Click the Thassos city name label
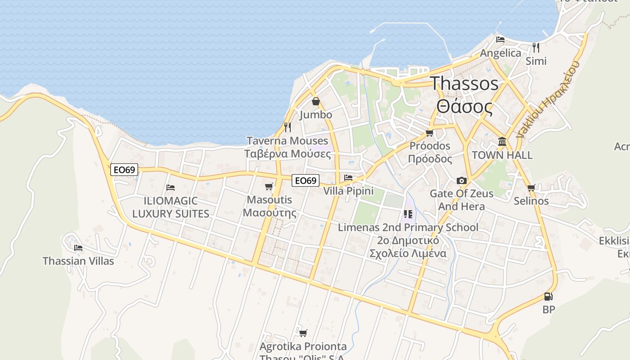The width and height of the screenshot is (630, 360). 464,84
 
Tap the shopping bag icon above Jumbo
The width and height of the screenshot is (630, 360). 316,101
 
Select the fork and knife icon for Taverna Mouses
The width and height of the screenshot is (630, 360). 288,127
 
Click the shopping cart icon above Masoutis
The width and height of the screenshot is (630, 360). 269,186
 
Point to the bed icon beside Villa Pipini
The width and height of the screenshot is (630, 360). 348,178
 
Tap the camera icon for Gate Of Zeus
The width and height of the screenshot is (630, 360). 461,180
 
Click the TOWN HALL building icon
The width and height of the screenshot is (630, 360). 502,142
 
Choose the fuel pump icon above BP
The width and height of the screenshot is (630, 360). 548,296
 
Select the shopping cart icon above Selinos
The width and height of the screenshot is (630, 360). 531,188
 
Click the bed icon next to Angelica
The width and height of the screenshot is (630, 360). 500,40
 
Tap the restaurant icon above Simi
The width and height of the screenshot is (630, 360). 535,47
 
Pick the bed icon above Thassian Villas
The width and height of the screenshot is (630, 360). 78,247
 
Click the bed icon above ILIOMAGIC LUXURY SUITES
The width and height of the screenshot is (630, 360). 170,187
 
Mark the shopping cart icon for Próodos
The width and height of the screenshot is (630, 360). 430,133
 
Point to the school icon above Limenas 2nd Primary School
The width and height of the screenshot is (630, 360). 408,214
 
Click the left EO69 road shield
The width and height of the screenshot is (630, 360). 124,170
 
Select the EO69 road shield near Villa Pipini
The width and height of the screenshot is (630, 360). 306,180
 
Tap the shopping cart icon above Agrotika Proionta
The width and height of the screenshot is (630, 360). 303,333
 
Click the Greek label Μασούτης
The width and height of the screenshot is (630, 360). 269,212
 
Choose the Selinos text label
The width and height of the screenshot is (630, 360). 531,201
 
